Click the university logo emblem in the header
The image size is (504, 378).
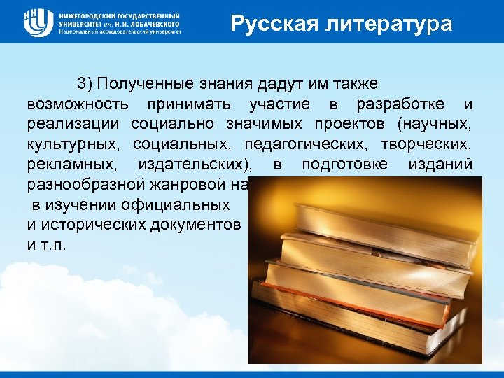tap(38, 22)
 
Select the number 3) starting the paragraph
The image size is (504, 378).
tap(85, 84)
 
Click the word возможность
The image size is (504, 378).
tap(78, 105)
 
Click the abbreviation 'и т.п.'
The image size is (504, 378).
tap(48, 246)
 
